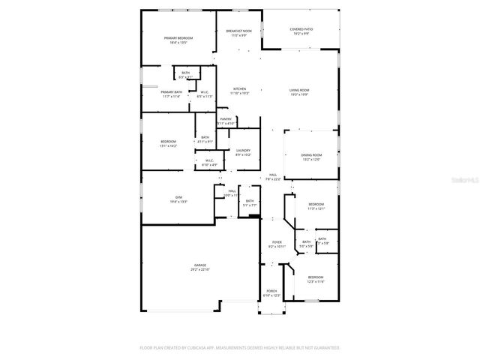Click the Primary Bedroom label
coord(178,38)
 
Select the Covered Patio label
coord(301,29)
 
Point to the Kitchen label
coord(239,88)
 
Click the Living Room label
coord(299,90)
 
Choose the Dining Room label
coord(311,154)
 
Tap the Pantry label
coord(226,118)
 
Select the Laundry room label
coord(243,151)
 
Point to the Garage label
coord(200,265)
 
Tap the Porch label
coord(271,291)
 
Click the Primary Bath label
coord(171,91)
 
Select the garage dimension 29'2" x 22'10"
coord(200,269)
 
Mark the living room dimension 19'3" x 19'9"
coord(299,94)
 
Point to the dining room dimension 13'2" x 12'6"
coord(311,159)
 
